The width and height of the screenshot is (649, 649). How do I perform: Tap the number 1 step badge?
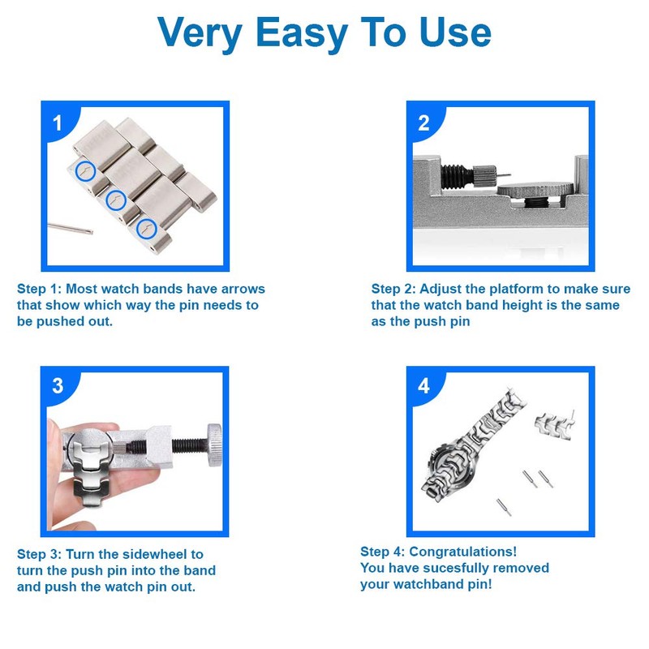[x=57, y=123]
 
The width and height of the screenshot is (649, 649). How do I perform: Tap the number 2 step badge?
[x=423, y=123]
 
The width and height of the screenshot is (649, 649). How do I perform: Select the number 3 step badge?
[x=57, y=386]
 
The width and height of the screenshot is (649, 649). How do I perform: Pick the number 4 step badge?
[x=423, y=386]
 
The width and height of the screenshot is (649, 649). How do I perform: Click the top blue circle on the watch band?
[x=86, y=170]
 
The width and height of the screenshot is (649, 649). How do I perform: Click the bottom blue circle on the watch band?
[x=146, y=229]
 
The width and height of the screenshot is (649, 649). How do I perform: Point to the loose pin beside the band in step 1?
[x=70, y=229]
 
